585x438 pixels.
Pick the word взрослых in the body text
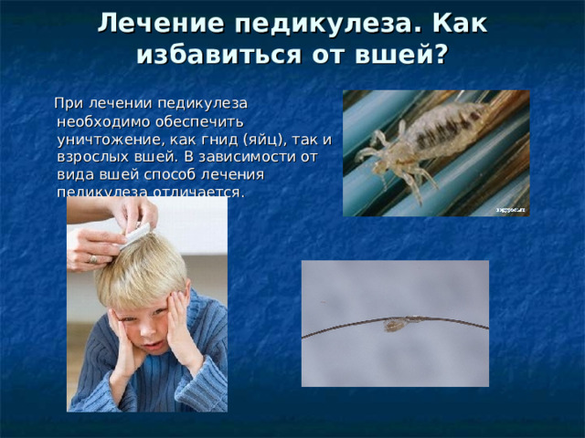[90, 156]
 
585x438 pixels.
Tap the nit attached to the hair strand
[396, 323]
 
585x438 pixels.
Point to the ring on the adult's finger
[93, 259]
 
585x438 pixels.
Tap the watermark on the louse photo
[510, 209]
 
